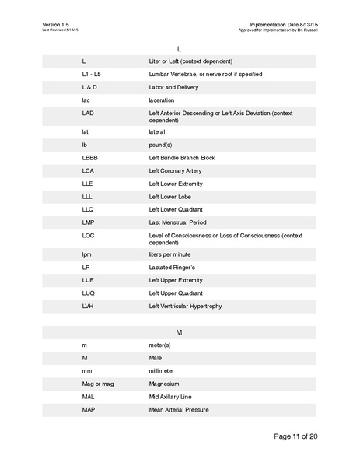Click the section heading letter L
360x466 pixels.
click(x=180, y=48)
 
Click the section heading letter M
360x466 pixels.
click(x=180, y=332)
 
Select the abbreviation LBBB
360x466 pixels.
click(x=91, y=157)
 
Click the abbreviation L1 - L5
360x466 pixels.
click(x=91, y=74)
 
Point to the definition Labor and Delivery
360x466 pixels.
click(x=176, y=87)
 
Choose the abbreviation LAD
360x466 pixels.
click(x=88, y=114)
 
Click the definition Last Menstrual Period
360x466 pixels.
click(x=177, y=223)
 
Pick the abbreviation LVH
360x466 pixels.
click(x=88, y=306)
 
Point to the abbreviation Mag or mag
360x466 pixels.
click(x=97, y=384)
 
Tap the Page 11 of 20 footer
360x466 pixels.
click(x=295, y=436)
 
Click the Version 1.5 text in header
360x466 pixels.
click(x=56, y=25)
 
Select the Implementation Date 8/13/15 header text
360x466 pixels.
click(x=285, y=25)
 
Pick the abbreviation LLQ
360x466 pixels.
click(x=88, y=210)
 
